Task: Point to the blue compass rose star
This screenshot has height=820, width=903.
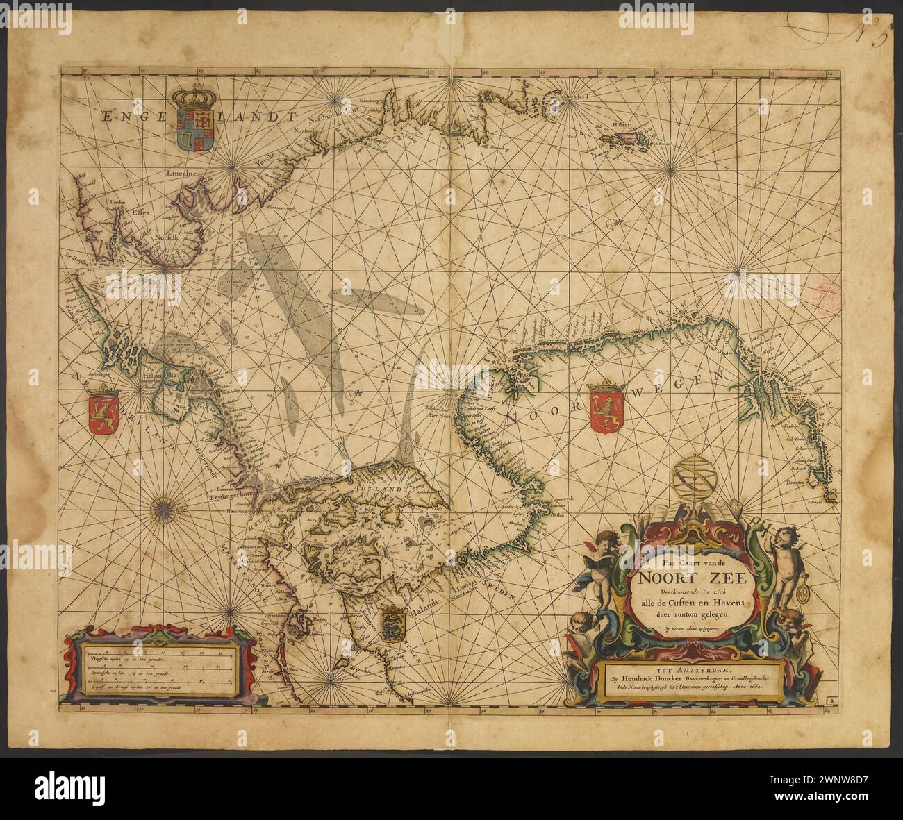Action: pyautogui.click(x=167, y=509)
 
